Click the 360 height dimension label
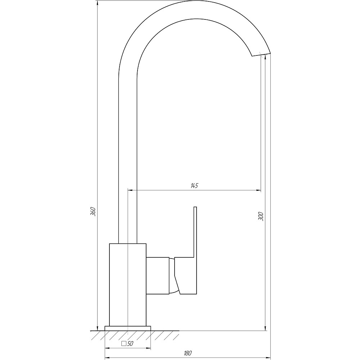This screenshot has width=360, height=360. pos(93,212)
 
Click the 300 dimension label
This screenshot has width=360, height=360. pos(261,216)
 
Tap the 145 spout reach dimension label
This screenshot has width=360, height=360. pos(194,185)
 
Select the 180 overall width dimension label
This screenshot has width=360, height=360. pos(188,353)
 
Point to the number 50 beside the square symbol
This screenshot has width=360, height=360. pos(130,344)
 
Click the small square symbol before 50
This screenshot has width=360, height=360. pos(124,344)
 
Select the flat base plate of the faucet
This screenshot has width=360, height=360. pos(128,328)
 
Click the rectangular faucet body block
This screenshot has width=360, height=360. pos(128,285)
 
